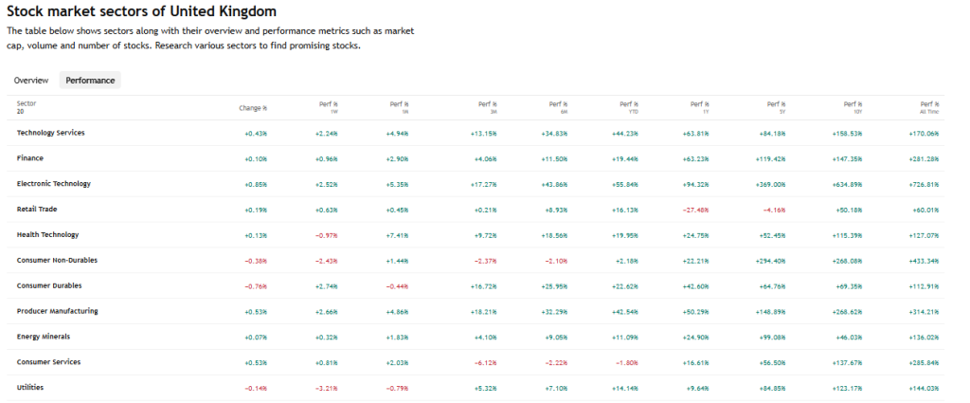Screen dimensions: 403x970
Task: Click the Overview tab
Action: point(30,81)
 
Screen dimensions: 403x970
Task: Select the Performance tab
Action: point(90,81)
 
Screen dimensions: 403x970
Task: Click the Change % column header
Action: point(253,107)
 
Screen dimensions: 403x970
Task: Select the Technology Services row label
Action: point(50,133)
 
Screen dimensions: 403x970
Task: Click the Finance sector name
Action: point(30,158)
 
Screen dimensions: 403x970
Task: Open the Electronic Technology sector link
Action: point(53,183)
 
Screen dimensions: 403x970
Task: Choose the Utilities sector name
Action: point(30,388)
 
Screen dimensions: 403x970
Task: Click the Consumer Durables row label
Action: point(50,285)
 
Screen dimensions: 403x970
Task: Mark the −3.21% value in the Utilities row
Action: point(326,388)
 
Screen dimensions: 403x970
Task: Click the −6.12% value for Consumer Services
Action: point(484,362)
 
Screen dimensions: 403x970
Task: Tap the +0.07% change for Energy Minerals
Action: point(256,337)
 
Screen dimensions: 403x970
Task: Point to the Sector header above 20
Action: point(27,102)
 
